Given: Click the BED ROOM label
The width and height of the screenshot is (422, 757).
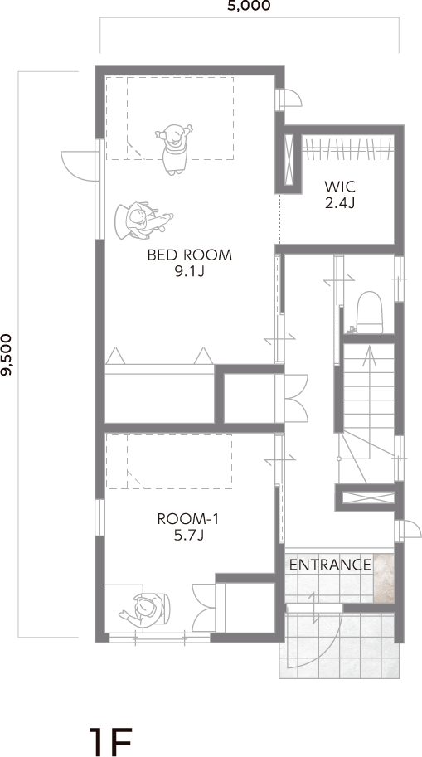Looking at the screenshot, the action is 190,255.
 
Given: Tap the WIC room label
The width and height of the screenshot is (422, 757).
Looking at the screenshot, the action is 340,186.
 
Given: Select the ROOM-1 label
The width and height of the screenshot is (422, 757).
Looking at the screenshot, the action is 188,519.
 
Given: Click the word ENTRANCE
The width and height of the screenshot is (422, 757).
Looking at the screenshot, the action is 330,565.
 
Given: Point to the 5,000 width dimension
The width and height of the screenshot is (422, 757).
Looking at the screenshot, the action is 250,6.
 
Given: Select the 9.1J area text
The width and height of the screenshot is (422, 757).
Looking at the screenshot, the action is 190,272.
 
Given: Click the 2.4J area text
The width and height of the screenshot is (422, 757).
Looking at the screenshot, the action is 340,203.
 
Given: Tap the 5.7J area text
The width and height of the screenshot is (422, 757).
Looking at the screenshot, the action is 188,536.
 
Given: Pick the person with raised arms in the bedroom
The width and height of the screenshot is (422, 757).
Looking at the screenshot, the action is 174,148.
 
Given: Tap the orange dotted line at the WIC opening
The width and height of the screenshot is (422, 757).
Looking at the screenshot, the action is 279,219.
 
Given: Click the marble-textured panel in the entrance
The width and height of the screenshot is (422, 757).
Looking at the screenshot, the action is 384,579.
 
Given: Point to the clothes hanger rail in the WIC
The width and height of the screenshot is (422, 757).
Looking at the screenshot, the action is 347,148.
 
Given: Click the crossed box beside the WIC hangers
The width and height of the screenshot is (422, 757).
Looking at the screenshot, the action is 289,160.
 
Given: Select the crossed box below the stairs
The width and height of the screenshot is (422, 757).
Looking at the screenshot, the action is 368,497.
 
